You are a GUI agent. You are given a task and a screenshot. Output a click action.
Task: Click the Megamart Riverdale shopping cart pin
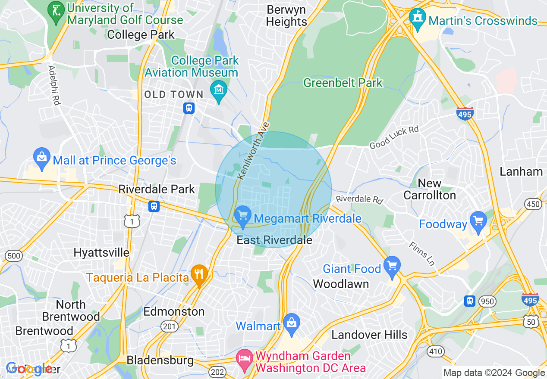tap(242, 214)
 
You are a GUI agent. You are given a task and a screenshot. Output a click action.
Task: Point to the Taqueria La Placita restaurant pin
tap(199, 274)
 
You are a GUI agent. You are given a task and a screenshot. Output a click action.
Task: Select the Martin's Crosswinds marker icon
tap(417, 18)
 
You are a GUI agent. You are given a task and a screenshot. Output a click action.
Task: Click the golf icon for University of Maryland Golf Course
tap(55, 9)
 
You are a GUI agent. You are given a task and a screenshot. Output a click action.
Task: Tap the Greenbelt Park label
tap(343, 83)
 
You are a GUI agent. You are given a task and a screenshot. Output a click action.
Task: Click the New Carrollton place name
tap(430, 189)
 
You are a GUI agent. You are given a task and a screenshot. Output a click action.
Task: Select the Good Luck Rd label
tap(394, 138)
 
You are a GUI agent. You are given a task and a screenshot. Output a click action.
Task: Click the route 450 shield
tap(534, 204)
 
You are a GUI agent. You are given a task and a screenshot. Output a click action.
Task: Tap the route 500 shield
tap(14, 256)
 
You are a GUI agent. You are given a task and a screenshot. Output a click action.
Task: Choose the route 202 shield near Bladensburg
tap(217, 371)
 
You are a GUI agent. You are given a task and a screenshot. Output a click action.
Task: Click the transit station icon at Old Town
tap(189, 108)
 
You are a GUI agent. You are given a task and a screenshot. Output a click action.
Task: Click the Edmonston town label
tap(174, 311)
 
